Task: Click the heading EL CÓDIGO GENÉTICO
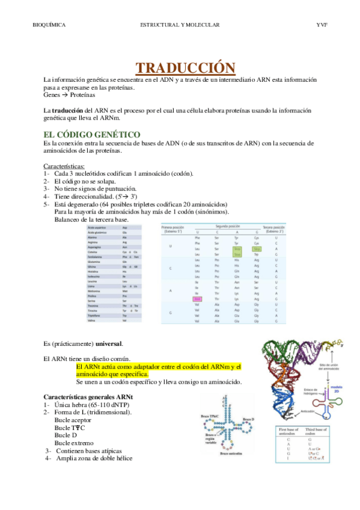92,135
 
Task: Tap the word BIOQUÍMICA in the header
49,25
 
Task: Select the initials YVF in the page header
322,25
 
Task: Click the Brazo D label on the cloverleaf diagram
249,419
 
